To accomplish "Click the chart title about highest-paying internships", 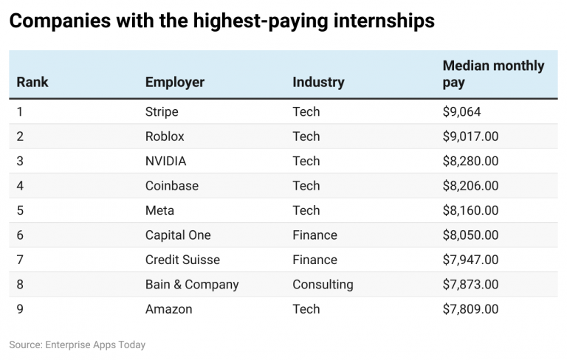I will click(x=221, y=21).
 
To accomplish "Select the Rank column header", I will click(x=32, y=82).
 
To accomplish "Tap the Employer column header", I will click(x=174, y=82).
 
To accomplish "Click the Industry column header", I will click(x=318, y=82).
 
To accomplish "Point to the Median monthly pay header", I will click(x=492, y=74).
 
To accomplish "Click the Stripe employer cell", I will click(x=162, y=112).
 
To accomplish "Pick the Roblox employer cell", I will click(x=165, y=136).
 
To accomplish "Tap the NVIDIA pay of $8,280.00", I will click(x=470, y=161).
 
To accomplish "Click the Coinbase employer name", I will click(x=171, y=186).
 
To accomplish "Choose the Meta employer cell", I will click(x=159, y=210).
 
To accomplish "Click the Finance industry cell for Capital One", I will click(x=315, y=235).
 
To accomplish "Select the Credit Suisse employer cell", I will click(x=182, y=260).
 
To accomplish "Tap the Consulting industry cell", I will click(x=323, y=284).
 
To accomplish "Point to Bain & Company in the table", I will click(x=192, y=284).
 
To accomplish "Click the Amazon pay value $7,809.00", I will click(x=470, y=309).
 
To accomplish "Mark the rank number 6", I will click(x=21, y=235).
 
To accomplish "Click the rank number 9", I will click(x=21, y=309).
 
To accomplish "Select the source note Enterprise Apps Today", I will click(x=78, y=345).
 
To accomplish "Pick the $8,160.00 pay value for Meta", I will click(x=470, y=210).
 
